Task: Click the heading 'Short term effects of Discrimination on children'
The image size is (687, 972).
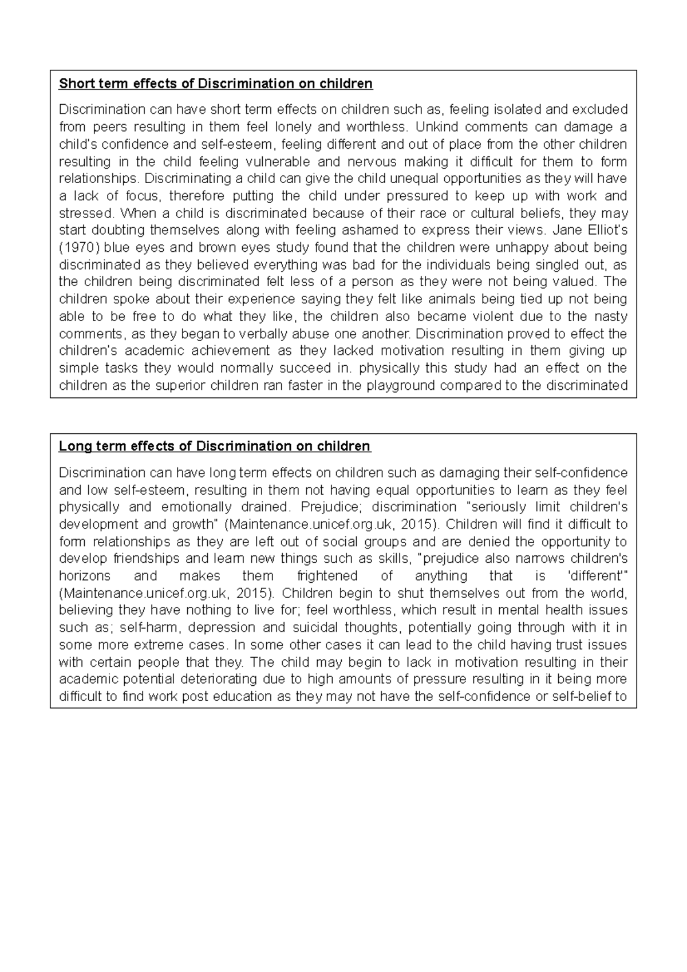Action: tap(216, 84)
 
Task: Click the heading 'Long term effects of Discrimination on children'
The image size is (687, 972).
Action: tap(215, 447)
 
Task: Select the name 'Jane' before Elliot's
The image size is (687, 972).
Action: tap(566, 231)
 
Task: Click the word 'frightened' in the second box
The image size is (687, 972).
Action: tap(327, 576)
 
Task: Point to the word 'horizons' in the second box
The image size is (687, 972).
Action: tap(84, 576)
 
